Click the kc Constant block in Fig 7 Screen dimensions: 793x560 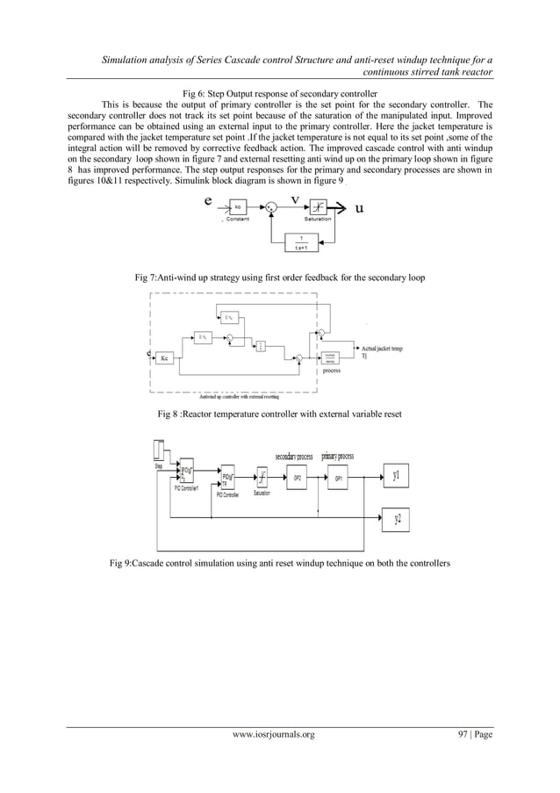point(238,207)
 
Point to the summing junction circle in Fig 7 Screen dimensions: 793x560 point(274,208)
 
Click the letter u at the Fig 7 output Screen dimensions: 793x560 point(359,208)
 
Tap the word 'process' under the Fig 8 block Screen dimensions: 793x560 point(331,371)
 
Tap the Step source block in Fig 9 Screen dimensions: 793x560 point(159,450)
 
